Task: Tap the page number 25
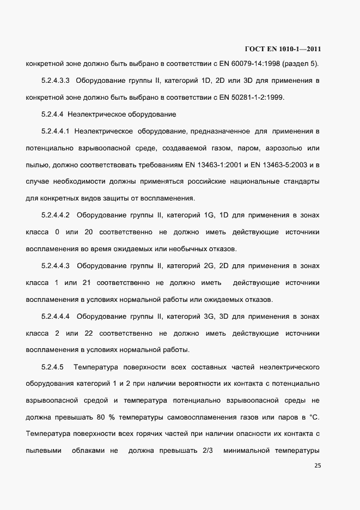[x=318, y=466]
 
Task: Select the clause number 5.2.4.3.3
[x=56, y=81]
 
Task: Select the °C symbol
[x=314, y=418]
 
